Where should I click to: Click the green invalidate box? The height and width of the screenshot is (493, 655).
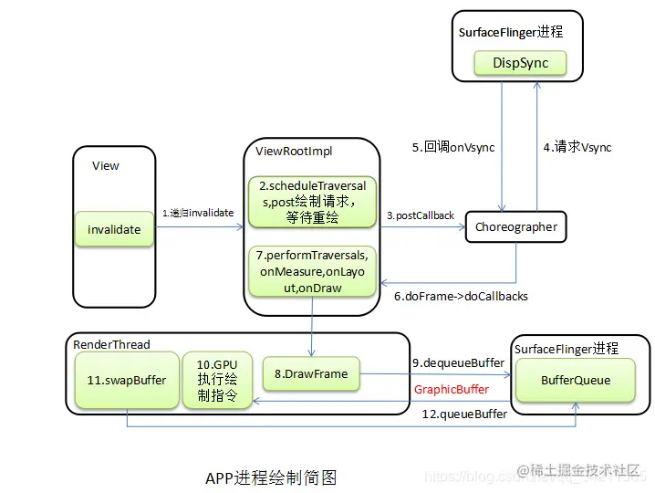click(114, 229)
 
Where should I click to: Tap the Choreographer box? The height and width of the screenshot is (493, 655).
click(516, 226)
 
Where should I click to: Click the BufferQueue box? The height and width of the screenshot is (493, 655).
click(576, 380)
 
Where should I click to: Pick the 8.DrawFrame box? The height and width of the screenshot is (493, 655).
click(311, 373)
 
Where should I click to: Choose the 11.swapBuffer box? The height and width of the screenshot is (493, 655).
click(127, 380)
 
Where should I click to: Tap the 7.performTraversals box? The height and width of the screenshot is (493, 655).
click(312, 270)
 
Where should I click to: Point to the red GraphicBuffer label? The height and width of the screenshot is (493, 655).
click(451, 389)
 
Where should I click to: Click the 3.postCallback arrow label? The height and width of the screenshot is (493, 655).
click(420, 215)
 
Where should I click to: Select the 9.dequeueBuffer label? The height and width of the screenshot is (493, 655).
click(457, 362)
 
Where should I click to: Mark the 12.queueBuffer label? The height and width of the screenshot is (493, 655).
click(464, 414)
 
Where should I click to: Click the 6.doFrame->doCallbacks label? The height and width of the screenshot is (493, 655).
click(461, 296)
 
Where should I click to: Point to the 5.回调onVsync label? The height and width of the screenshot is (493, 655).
click(452, 147)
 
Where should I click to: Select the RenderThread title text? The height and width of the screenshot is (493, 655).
click(111, 344)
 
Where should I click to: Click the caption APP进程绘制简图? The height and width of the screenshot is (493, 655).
click(271, 477)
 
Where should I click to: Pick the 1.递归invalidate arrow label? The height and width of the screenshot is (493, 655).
click(198, 213)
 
